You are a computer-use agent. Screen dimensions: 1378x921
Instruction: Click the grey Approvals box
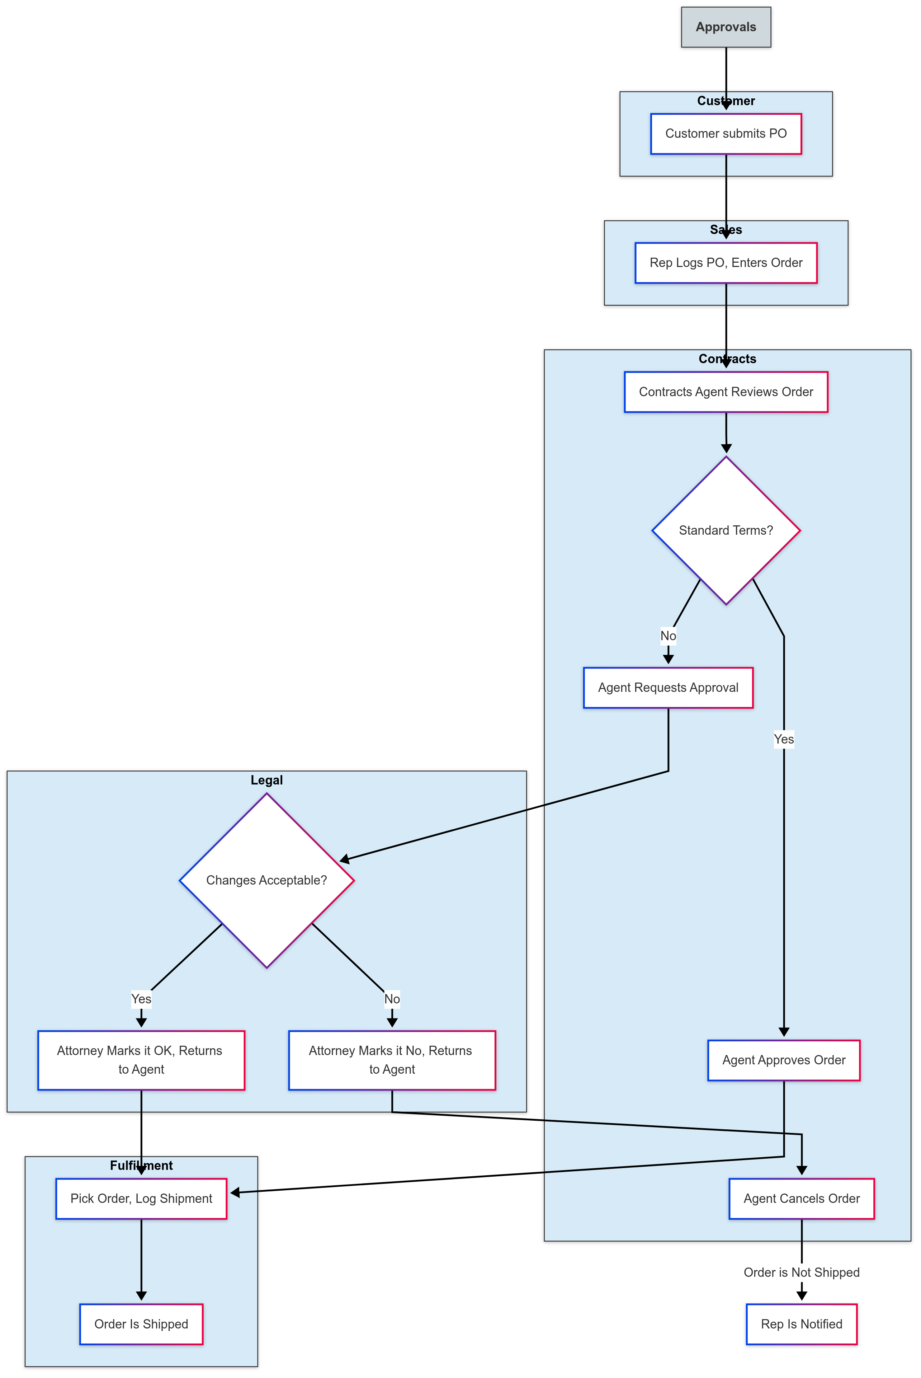click(x=726, y=27)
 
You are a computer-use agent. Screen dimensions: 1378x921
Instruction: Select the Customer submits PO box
click(x=726, y=134)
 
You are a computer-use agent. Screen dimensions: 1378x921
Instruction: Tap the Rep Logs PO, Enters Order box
click(x=726, y=263)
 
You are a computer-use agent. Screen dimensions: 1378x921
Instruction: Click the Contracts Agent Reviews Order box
click(x=726, y=392)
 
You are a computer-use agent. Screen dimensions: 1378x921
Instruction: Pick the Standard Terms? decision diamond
click(x=726, y=530)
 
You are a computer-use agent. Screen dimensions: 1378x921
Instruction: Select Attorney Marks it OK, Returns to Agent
click(x=141, y=1060)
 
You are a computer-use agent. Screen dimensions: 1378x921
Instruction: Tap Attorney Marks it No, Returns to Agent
click(x=392, y=1060)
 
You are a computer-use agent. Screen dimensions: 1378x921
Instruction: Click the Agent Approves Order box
click(x=784, y=1060)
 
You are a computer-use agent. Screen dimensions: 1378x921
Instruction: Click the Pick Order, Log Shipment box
click(x=141, y=1199)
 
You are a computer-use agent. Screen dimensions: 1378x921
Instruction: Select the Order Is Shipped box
click(x=141, y=1324)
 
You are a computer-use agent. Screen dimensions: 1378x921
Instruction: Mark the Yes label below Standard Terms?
click(x=784, y=739)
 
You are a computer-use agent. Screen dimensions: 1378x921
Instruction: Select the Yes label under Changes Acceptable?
click(x=141, y=999)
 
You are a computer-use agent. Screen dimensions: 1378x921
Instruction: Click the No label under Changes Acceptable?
click(x=392, y=999)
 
